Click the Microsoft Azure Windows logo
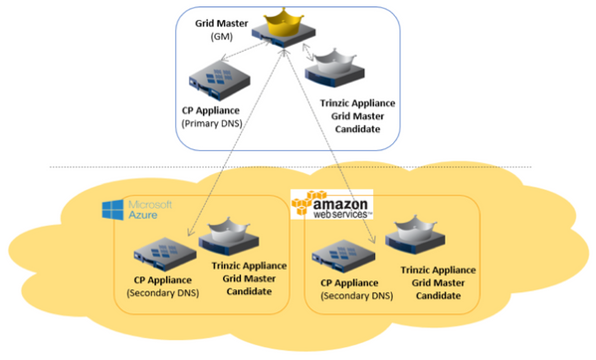(111, 208)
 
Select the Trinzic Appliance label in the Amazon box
(438, 270)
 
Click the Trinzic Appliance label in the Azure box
(249, 266)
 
